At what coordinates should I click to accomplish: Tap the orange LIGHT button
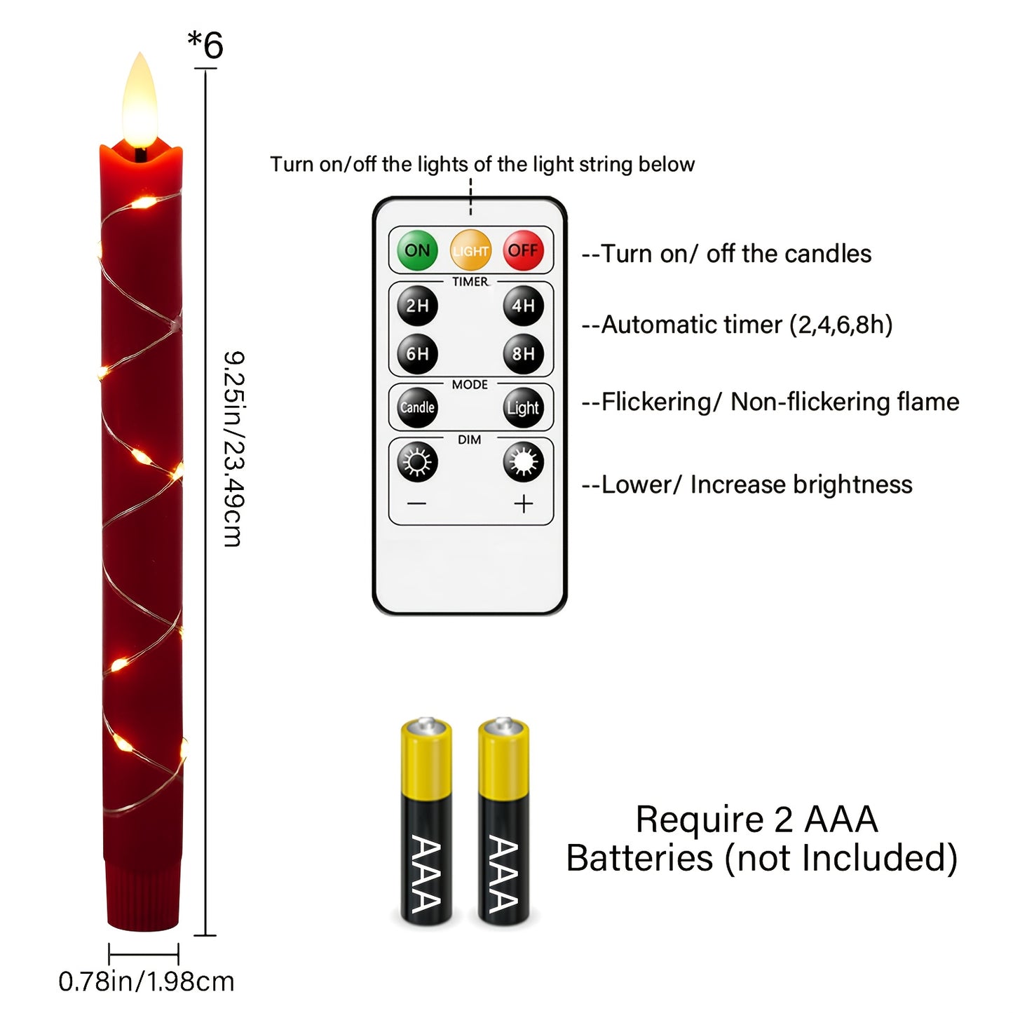coord(470,250)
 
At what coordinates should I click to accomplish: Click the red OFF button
coord(523,250)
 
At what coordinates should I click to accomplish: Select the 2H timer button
coord(417,306)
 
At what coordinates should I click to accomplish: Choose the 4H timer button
coord(523,306)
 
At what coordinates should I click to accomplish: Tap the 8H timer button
coord(523,353)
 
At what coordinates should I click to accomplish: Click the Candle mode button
coord(417,407)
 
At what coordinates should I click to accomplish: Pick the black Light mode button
coord(523,407)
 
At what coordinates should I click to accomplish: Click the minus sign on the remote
coord(417,503)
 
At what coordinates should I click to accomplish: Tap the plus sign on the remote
coord(523,503)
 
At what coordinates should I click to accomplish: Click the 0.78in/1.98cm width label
coord(146,982)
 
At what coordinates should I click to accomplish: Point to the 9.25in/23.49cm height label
coord(233,449)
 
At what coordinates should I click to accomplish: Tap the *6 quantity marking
coord(205,46)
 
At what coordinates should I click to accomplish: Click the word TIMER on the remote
coord(470,282)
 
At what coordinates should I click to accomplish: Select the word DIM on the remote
coord(469,440)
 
